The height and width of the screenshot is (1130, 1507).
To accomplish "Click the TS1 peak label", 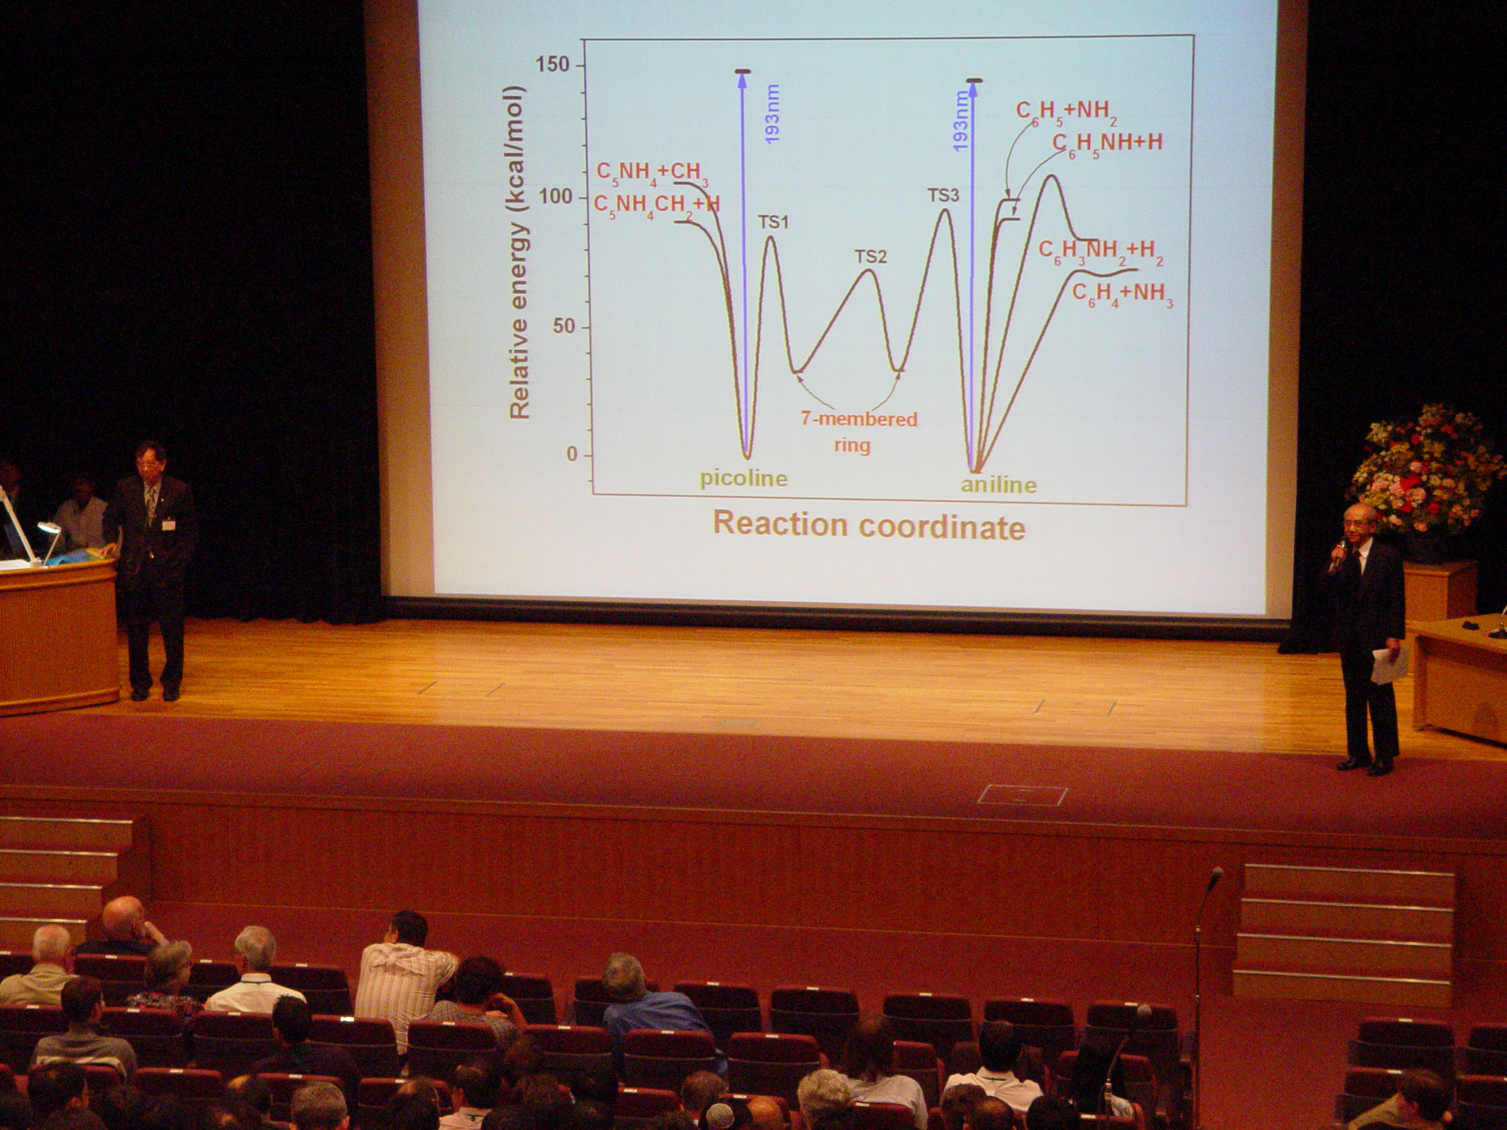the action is [x=774, y=222].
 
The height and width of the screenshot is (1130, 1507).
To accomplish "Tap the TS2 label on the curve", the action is [x=871, y=257].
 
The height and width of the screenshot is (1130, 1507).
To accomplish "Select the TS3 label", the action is [x=943, y=196].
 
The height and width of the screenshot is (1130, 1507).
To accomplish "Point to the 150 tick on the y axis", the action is [x=553, y=65].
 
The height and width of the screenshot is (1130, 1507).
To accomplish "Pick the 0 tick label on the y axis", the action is [x=572, y=454].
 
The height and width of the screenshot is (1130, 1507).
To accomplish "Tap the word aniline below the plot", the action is [x=999, y=484].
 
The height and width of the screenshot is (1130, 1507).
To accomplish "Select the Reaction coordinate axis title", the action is [x=869, y=526].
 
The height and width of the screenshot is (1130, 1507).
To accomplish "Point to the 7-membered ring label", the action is [x=858, y=432].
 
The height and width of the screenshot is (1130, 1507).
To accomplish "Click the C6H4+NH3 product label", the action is [x=1123, y=295].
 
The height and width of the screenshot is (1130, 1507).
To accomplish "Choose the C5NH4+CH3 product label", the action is [x=653, y=174].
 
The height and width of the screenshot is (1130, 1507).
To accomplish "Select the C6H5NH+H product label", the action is [x=1107, y=144].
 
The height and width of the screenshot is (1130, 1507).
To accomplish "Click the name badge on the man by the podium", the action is [x=168, y=525].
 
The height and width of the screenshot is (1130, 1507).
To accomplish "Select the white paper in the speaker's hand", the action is [x=1389, y=664].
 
